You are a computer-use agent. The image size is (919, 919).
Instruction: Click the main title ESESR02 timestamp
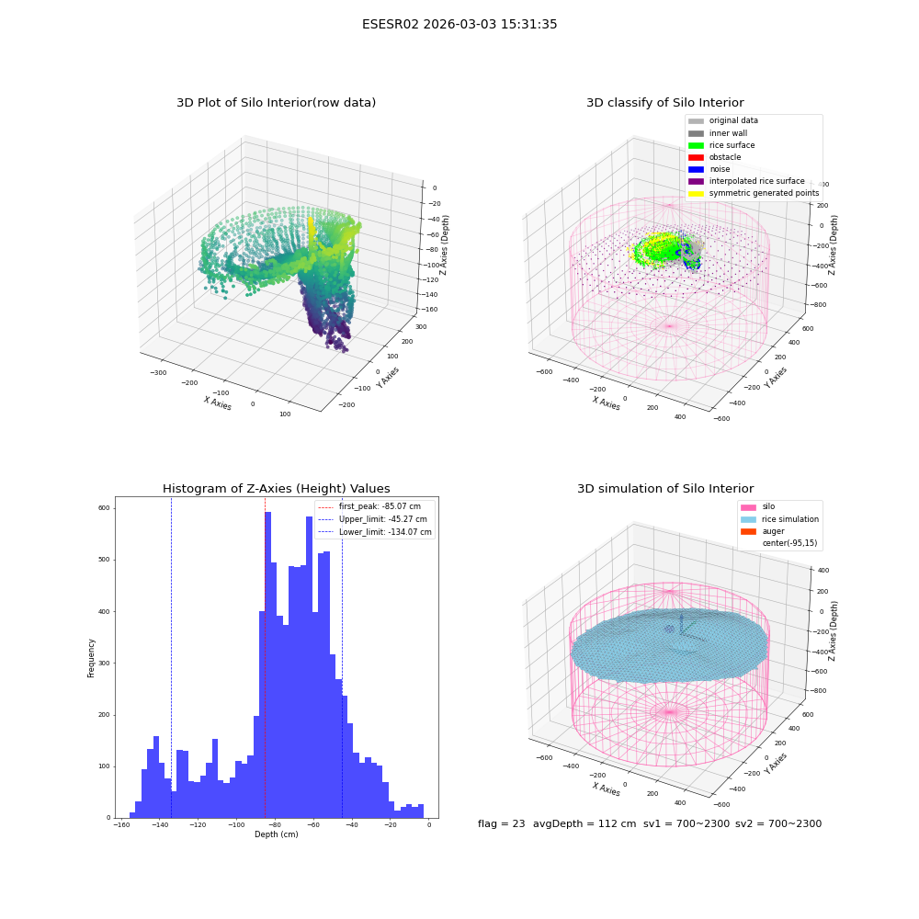point(459,24)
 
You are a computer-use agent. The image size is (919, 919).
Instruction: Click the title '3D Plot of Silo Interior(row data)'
point(276,103)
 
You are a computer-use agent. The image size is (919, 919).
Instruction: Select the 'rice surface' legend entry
point(721,145)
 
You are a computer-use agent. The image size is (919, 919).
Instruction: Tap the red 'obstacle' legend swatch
point(696,158)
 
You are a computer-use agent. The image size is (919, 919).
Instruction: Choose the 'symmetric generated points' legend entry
point(754,193)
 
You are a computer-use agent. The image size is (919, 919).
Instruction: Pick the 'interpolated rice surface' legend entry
point(746,181)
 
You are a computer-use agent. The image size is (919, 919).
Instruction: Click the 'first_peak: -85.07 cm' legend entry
point(369,506)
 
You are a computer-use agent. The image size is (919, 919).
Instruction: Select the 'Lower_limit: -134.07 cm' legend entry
point(375,532)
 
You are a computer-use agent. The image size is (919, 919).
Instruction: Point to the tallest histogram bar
point(267,664)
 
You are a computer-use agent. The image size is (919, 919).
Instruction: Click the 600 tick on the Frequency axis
point(104,508)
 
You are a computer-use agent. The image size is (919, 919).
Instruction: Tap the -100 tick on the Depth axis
point(236,825)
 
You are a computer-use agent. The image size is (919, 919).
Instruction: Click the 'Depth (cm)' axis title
point(277,834)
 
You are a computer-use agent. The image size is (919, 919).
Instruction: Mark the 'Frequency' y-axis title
point(91,658)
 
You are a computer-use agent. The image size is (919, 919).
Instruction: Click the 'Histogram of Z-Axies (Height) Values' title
point(276,489)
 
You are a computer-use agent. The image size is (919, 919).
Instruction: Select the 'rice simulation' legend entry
point(779,519)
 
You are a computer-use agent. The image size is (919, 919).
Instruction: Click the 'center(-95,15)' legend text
point(789,543)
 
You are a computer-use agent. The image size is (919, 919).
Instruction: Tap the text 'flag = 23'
point(501,824)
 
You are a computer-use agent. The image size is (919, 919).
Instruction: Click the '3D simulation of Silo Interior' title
point(665,489)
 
